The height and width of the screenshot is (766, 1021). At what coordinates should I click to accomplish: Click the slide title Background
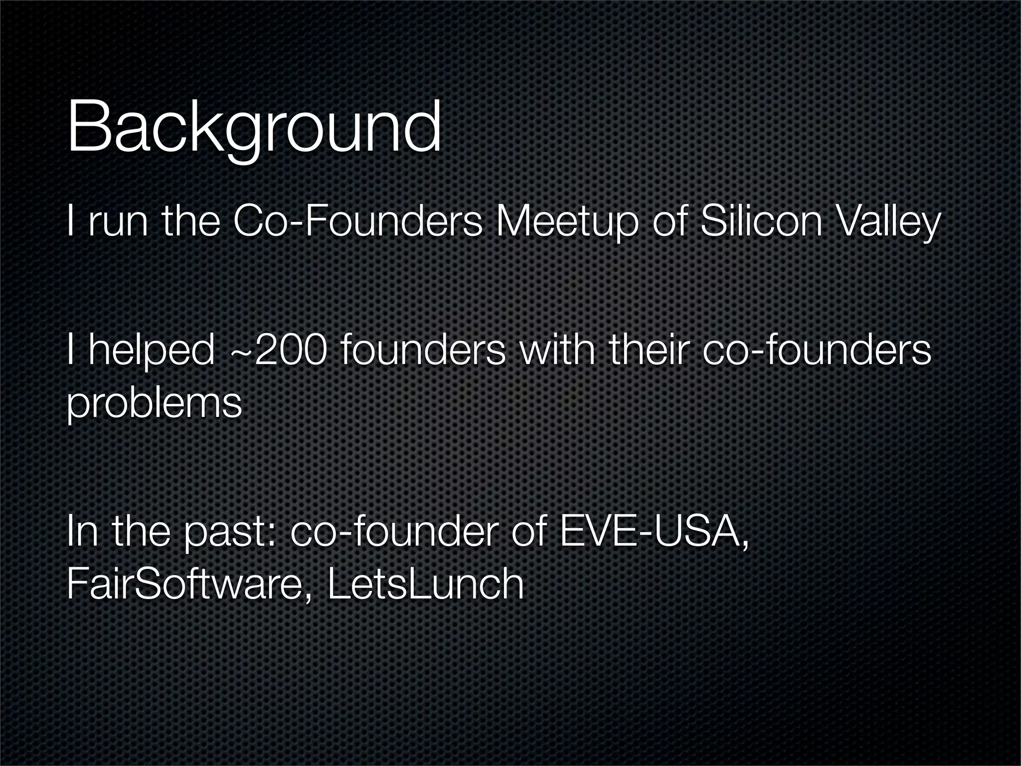254,128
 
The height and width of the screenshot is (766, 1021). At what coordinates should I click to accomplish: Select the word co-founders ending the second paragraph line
816,351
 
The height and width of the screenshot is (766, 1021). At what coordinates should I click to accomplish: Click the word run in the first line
118,223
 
